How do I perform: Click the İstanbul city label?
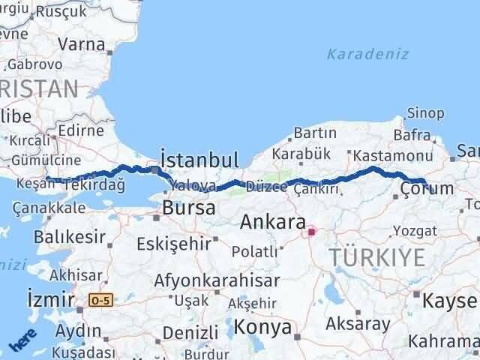(x=199, y=159)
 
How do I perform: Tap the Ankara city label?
(x=272, y=223)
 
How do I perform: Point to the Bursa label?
(x=188, y=208)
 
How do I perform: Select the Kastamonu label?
(x=392, y=156)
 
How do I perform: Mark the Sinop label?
(x=425, y=113)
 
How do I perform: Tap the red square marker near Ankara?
(x=311, y=232)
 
